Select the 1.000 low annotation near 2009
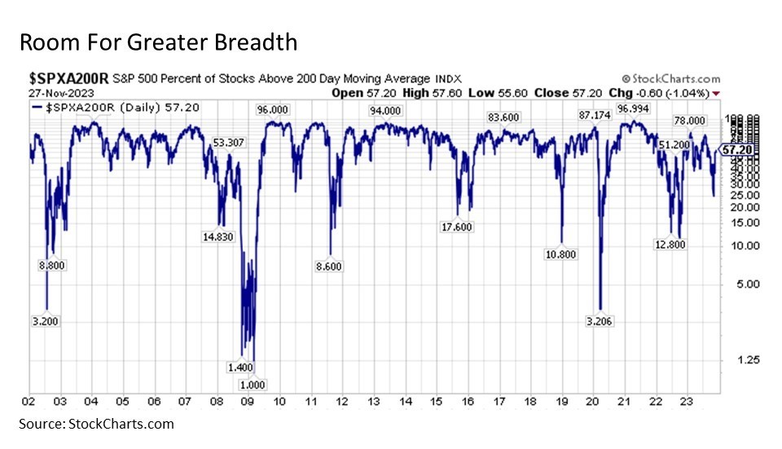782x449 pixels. pos(252,385)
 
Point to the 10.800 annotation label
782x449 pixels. pos(561,254)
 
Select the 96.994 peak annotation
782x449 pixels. pos(634,108)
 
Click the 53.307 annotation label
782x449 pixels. pos(229,143)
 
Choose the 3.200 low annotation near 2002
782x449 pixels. pos(45,321)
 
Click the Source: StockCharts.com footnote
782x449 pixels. pos(97,424)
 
